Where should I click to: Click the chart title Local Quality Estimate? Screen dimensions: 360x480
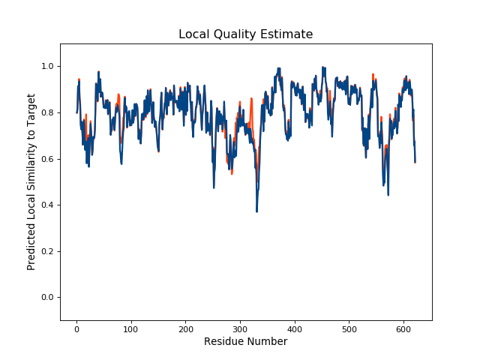(x=245, y=34)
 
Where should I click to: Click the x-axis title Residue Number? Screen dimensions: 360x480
(x=245, y=342)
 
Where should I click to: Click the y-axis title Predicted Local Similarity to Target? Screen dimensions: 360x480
(x=31, y=182)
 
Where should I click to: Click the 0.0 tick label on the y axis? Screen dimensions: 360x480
(x=46, y=298)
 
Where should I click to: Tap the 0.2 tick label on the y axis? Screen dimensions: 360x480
(x=46, y=251)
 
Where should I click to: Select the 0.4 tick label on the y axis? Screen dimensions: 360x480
(x=46, y=205)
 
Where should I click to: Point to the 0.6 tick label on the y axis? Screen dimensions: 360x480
(x=46, y=159)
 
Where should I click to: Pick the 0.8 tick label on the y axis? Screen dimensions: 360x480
(x=46, y=113)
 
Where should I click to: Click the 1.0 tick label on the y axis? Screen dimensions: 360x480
(x=46, y=67)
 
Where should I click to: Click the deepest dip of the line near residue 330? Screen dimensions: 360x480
(x=256, y=211)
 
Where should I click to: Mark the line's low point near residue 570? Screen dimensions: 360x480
(x=388, y=195)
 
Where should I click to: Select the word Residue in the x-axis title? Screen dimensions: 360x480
(x=226, y=342)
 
